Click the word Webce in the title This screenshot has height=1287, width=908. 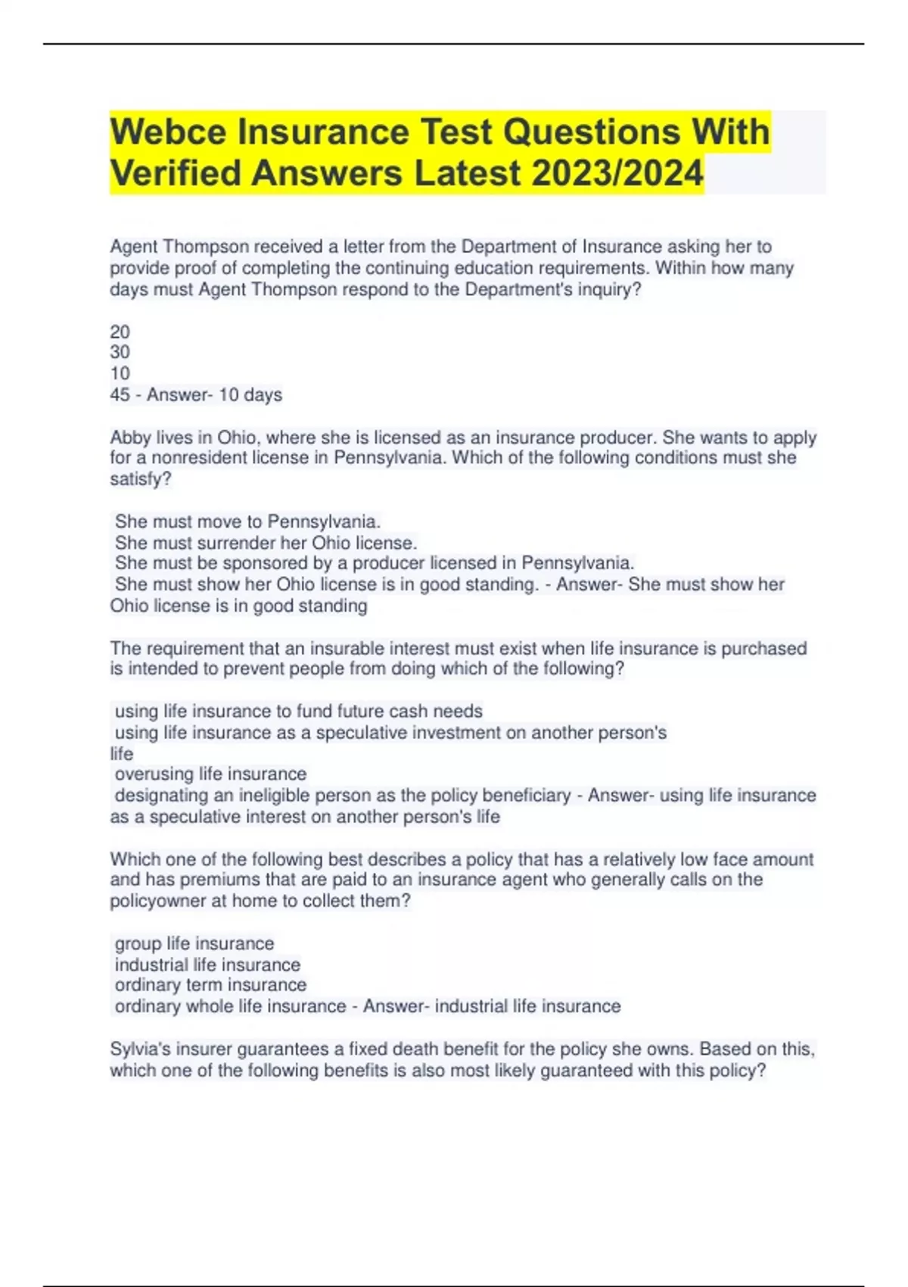point(168,132)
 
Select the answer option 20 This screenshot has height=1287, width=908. point(120,332)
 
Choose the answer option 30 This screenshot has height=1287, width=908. point(120,352)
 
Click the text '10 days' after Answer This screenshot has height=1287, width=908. point(250,394)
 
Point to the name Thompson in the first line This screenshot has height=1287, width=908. point(207,247)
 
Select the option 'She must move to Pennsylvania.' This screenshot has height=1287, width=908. point(247,522)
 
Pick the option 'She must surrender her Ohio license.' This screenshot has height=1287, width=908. point(266,543)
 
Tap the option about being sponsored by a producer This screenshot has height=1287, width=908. point(375,563)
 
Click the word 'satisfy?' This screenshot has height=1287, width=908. point(141,479)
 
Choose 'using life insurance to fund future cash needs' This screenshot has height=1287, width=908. point(298,712)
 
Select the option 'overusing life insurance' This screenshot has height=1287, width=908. point(210,774)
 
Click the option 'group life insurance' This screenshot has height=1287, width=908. point(194,943)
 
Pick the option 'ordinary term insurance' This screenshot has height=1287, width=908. point(210,985)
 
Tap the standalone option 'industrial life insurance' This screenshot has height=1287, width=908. point(207,964)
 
